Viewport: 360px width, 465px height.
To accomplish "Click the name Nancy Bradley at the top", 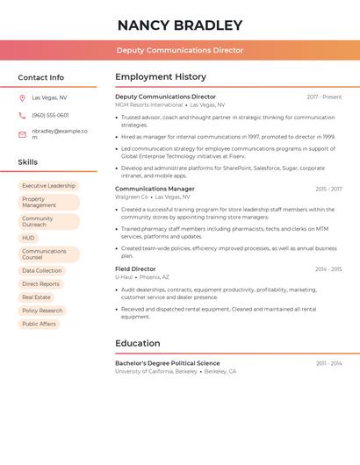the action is click(x=180, y=25).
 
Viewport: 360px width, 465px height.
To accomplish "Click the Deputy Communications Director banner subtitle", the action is click(x=180, y=50).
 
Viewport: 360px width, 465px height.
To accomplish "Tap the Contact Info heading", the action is click(x=41, y=77).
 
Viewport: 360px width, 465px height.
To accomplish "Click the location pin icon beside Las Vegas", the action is click(x=22, y=98).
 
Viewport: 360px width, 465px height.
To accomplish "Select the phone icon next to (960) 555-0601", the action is click(x=22, y=116).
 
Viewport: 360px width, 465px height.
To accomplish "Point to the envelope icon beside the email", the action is click(x=22, y=134).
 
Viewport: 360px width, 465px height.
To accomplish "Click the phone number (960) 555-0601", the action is click(x=50, y=116).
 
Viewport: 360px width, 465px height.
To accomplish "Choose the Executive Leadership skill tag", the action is click(x=48, y=186).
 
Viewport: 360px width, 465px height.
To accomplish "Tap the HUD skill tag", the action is click(x=29, y=238).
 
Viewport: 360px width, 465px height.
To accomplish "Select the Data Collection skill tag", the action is click(x=42, y=271).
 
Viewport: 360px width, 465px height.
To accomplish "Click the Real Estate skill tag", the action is click(x=36, y=297).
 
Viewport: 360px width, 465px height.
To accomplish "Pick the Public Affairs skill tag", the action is click(x=39, y=324).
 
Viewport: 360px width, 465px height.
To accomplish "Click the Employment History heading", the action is click(x=161, y=77).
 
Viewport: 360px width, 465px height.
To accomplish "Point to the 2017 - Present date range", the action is click(x=324, y=97).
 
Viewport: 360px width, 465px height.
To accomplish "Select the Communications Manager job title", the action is click(x=155, y=189).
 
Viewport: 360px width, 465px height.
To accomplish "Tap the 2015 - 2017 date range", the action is click(x=328, y=189).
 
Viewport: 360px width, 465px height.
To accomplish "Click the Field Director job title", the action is click(x=135, y=269).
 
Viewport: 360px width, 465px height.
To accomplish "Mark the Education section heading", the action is click(x=138, y=344).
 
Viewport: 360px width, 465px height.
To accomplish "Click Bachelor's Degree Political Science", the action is click(x=168, y=363).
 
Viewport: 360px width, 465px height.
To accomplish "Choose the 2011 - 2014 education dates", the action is click(x=329, y=363).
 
